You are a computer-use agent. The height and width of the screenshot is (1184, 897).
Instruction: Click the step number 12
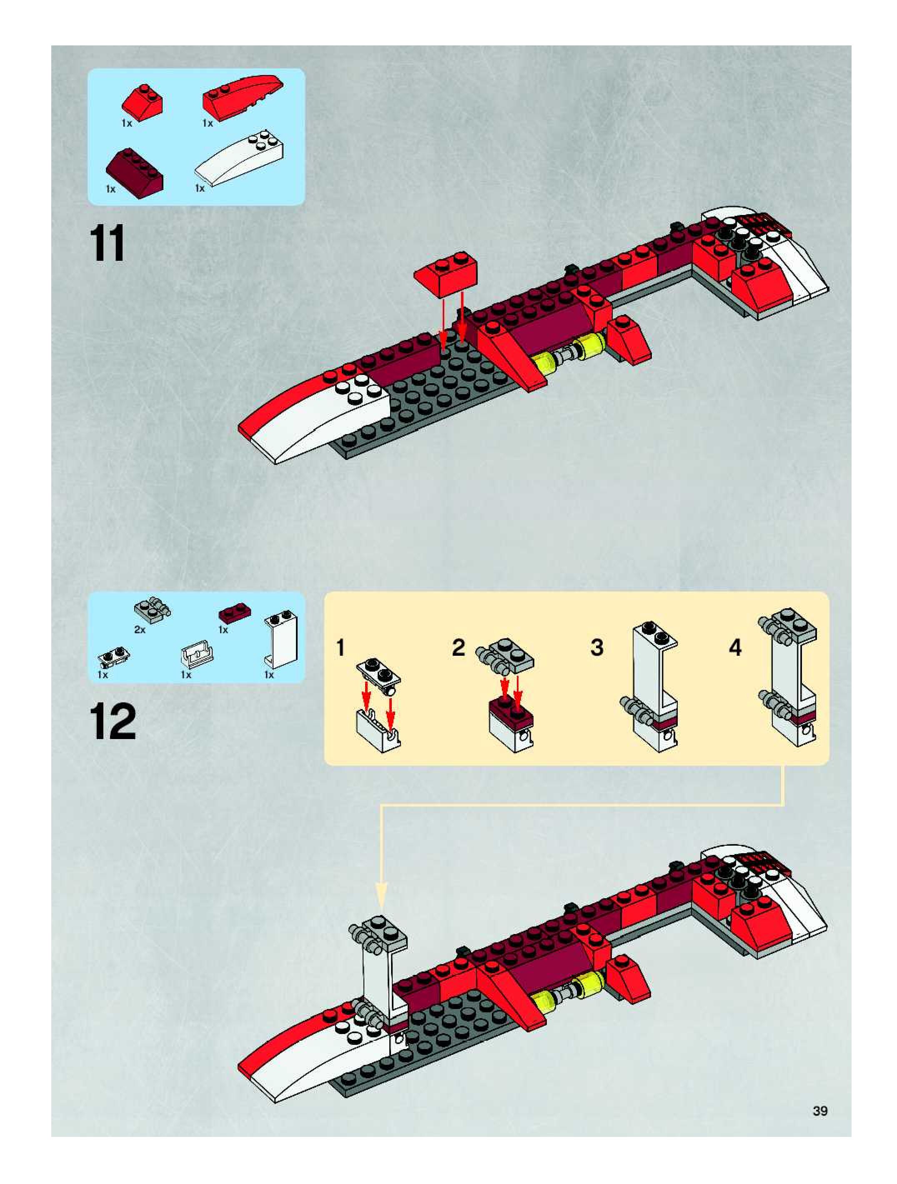113,722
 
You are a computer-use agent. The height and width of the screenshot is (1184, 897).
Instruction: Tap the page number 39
820,1111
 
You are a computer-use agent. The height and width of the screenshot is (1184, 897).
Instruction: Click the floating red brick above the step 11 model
446,274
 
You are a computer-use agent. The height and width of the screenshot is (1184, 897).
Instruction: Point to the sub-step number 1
340,648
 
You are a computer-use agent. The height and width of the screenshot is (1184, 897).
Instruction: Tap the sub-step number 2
459,648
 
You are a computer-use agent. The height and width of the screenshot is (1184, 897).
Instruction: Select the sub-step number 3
596,648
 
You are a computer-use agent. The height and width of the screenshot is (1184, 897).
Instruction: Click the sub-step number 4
735,648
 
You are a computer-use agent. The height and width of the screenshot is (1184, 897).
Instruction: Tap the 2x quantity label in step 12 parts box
140,630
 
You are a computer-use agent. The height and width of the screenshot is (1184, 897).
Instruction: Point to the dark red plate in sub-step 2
510,707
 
